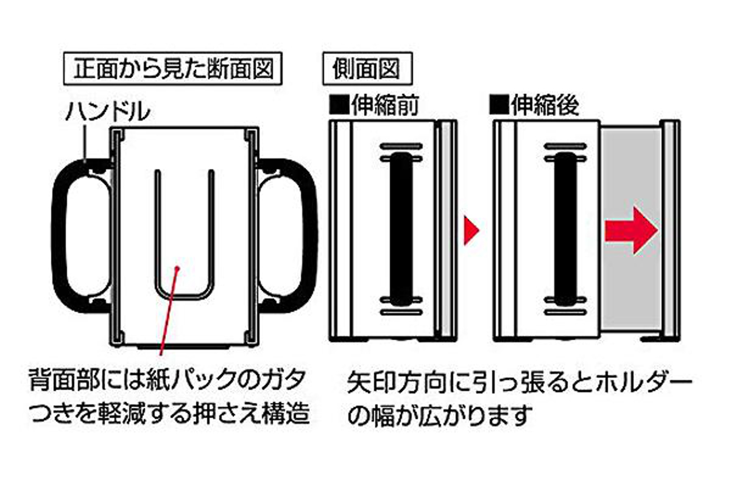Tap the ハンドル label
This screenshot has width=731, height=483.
pos(107,111)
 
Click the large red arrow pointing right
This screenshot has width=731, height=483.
pos(631,231)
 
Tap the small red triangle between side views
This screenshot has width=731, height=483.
pos(471,231)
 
